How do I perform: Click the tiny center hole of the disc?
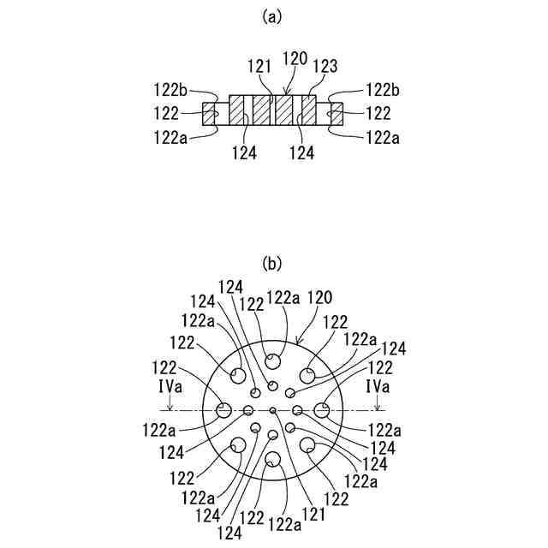point(272,411)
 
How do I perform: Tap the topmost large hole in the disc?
point(272,360)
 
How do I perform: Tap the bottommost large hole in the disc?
point(272,462)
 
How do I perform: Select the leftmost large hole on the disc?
point(223,411)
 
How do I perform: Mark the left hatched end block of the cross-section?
point(211,114)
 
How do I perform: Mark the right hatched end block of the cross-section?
point(336,114)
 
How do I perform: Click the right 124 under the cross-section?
point(303,153)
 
